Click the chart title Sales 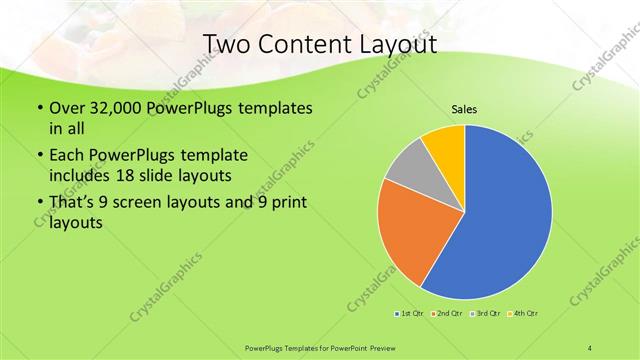click(x=464, y=108)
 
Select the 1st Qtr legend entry click(x=409, y=314)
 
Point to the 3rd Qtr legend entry click(x=487, y=314)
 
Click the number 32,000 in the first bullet click(x=119, y=107)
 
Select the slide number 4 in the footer click(x=590, y=347)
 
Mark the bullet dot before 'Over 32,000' click(x=38, y=107)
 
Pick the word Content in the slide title click(x=301, y=45)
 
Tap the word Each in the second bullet click(x=68, y=156)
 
